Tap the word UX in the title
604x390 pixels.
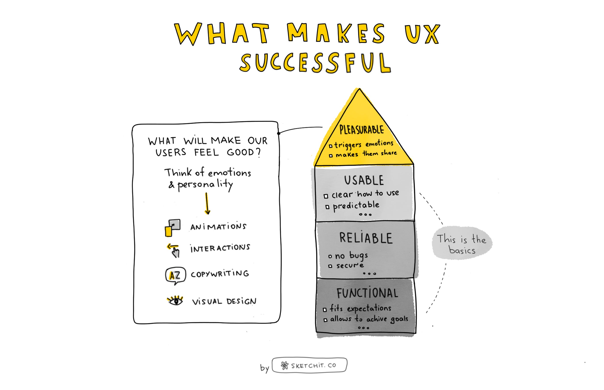422,34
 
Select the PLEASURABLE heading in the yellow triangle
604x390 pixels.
361,130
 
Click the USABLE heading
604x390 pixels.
364,180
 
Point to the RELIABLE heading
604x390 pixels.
366,238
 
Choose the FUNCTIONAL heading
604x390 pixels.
367,293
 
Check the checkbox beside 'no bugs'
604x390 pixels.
330,256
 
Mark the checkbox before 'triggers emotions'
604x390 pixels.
331,146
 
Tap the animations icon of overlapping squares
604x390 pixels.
173,228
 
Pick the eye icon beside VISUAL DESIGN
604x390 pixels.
175,301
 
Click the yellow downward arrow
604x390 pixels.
207,204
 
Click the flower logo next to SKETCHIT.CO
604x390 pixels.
284,365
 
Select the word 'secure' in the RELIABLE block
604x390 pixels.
350,266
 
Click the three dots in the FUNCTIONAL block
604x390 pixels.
363,328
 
